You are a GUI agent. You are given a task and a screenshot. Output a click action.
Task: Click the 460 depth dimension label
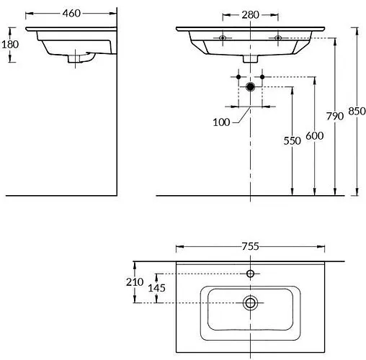71,14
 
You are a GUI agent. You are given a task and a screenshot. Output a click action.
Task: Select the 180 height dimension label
10,45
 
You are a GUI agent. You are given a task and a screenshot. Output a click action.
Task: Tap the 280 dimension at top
250,15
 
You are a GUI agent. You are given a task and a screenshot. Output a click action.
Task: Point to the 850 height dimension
357,111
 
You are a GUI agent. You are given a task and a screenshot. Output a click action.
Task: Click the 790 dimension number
335,116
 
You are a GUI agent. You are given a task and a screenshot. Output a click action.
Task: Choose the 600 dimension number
315,136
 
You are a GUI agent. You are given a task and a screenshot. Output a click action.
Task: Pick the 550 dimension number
292,141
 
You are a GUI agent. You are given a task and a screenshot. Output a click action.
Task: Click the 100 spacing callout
221,122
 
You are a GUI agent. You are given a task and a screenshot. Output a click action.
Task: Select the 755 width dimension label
250,246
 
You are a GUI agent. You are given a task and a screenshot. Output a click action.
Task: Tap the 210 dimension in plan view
135,282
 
